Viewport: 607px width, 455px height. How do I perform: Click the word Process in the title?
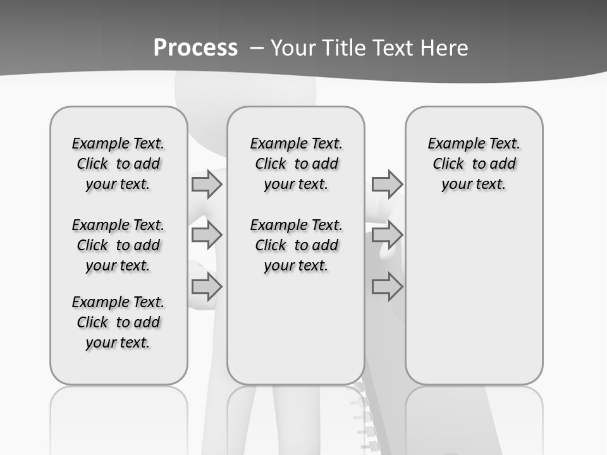click(x=195, y=48)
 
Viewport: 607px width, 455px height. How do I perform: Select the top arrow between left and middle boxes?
click(x=206, y=185)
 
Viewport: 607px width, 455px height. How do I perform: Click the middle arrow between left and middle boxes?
click(x=206, y=235)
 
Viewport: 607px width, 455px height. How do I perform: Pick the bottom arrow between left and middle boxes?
click(x=206, y=286)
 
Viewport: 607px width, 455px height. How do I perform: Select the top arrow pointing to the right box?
click(x=386, y=185)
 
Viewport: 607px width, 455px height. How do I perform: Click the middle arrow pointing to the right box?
click(x=386, y=235)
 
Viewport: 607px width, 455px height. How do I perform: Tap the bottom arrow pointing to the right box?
click(x=386, y=286)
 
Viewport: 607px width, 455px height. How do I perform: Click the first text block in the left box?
click(x=118, y=164)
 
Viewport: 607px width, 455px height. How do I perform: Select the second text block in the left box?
click(x=118, y=245)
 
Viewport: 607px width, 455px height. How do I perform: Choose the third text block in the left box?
click(x=118, y=322)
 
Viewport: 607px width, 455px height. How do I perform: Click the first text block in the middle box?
click(x=297, y=164)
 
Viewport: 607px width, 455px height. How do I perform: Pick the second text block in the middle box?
click(x=297, y=245)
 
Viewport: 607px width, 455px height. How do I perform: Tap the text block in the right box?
click(x=474, y=164)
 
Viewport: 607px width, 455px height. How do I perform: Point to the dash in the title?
click(x=257, y=48)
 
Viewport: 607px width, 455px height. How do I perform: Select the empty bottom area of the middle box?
click(x=297, y=335)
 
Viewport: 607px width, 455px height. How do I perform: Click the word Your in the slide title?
click(x=291, y=48)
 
